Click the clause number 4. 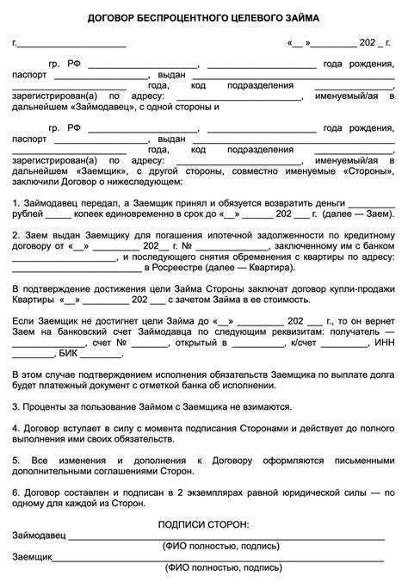coord(15,428)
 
